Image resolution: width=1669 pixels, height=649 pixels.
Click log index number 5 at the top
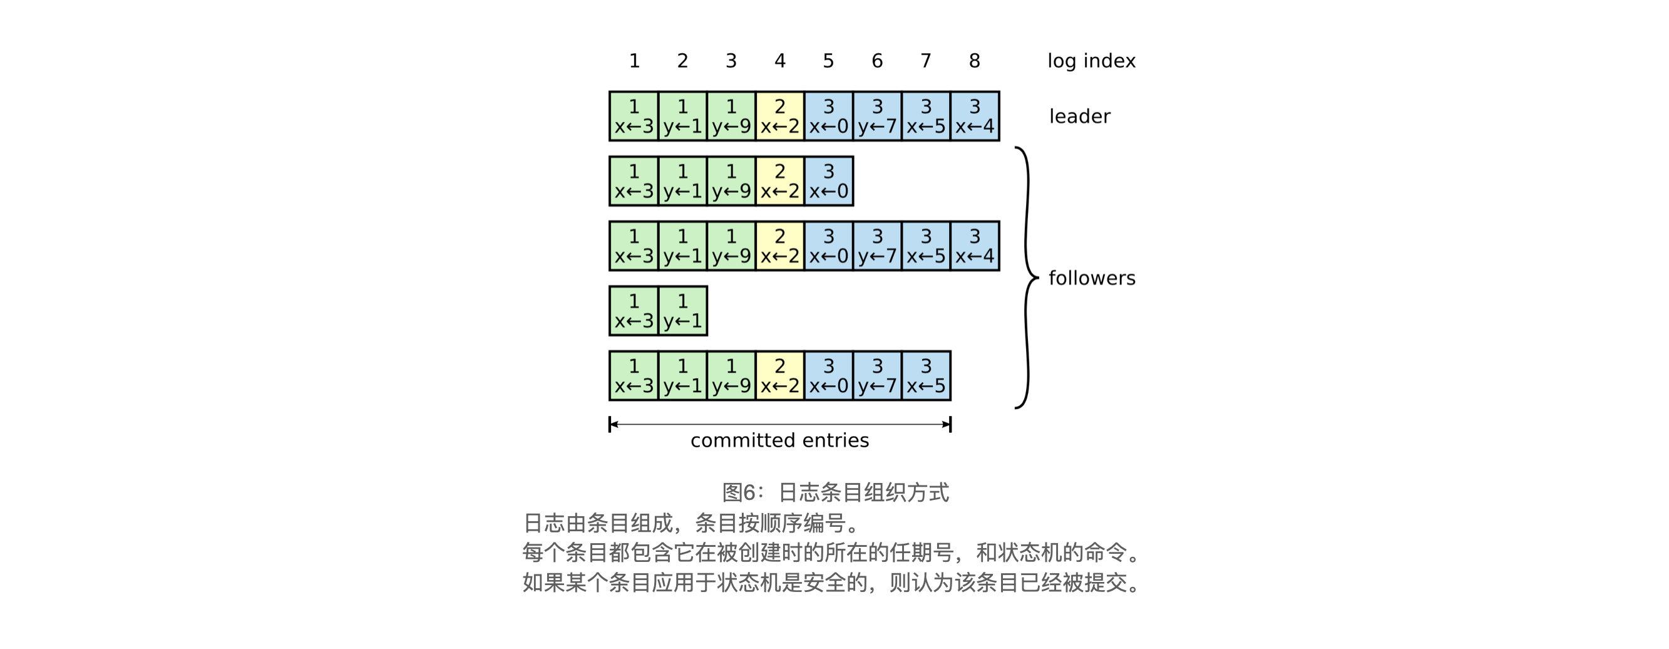(828, 61)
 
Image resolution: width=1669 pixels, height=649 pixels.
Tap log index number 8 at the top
(975, 61)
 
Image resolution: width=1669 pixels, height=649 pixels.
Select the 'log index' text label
(1091, 61)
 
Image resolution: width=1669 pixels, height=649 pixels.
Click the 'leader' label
(1079, 117)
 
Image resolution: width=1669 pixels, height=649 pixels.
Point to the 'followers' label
(1092, 278)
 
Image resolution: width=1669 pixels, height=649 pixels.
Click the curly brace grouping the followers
(1025, 278)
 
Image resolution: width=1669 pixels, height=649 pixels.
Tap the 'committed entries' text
(779, 441)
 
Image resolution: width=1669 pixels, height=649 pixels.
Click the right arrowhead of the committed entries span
(947, 425)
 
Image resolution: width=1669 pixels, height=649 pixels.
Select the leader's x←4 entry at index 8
(975, 117)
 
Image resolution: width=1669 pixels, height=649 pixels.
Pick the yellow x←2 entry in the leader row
(779, 117)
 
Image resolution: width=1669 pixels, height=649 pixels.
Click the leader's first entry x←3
(634, 117)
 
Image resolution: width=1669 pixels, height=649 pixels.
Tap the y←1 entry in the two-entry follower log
(682, 311)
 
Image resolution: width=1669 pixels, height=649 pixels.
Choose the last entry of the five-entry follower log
(828, 182)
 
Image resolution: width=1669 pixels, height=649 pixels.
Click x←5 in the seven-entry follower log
(926, 376)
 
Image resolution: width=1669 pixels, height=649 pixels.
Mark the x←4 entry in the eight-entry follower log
(975, 246)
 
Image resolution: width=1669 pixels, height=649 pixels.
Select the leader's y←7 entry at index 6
(877, 117)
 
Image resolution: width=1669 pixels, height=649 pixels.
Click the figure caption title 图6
(835, 493)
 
